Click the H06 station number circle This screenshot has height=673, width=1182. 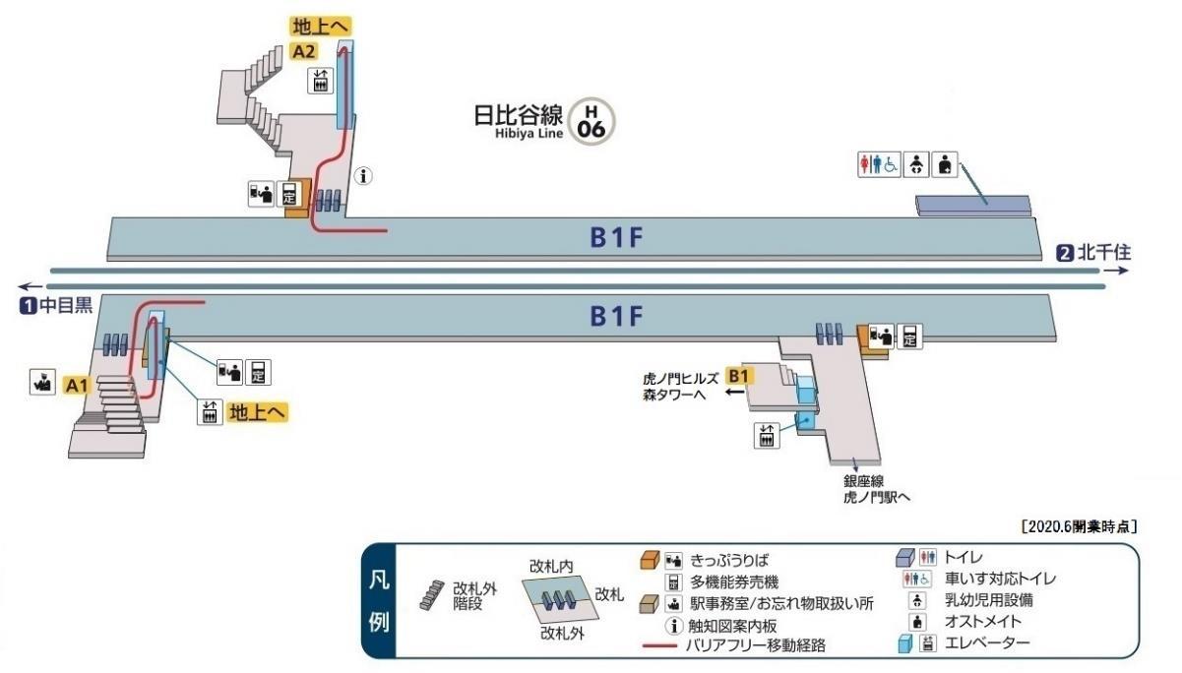tap(591, 121)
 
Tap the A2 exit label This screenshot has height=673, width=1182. tap(304, 52)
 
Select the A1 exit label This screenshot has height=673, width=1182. tap(77, 386)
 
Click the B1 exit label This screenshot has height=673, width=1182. tap(739, 376)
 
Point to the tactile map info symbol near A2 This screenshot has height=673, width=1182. tap(363, 176)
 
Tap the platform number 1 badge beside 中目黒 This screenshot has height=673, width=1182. tap(28, 306)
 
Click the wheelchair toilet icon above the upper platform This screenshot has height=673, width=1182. tap(879, 164)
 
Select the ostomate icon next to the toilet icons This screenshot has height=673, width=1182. tap(944, 164)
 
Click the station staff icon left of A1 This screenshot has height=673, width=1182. tap(42, 382)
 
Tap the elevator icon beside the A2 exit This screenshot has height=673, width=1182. tap(320, 82)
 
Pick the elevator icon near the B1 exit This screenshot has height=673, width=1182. tap(767, 436)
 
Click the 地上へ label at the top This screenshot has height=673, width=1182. tap(321, 27)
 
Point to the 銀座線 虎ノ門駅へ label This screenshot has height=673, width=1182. tap(877, 489)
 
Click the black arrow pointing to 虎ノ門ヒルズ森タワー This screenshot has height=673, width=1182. tap(734, 392)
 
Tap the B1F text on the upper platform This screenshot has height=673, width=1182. tap(616, 237)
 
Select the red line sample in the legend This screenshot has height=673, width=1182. tap(659, 645)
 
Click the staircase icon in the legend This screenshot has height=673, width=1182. tap(432, 595)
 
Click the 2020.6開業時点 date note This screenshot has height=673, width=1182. tap(1079, 526)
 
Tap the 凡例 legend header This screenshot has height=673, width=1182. tap(379, 601)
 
